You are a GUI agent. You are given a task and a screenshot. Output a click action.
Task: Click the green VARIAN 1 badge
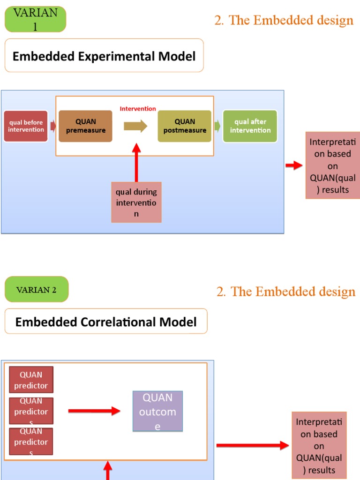coord(35,19)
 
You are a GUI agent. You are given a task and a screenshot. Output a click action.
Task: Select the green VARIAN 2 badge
coord(37,289)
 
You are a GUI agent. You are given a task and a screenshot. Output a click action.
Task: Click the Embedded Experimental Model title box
coord(104,56)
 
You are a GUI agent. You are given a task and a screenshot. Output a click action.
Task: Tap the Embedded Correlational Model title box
coord(106,322)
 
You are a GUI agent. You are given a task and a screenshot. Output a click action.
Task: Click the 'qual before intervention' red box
coord(26,126)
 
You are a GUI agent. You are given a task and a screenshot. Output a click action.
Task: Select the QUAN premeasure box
coord(85,126)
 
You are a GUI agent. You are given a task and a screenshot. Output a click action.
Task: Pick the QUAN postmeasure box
coord(185,126)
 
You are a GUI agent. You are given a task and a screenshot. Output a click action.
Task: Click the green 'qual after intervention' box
coord(250,126)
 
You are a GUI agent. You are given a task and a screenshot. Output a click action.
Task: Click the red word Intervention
coord(138,109)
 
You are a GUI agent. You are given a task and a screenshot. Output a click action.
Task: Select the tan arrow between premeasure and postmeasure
coord(135,126)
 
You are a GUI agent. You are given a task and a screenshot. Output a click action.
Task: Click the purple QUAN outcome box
coord(157,411)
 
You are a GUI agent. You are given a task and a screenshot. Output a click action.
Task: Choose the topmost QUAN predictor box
coord(31,380)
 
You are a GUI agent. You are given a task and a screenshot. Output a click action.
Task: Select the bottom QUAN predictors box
coord(31,441)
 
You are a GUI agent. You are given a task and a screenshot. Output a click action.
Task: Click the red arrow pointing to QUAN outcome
coord(94,411)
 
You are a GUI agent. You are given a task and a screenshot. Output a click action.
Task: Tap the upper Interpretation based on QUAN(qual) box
coord(332,166)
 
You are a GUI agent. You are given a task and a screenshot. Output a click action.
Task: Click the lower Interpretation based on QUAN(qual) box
coord(319,445)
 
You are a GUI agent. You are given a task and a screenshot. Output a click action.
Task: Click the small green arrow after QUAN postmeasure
coord(217,126)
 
